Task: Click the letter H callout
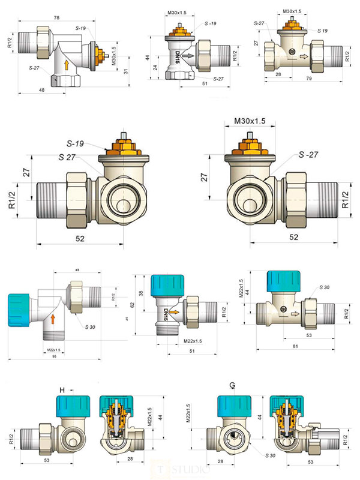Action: pyautogui.click(x=62, y=391)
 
